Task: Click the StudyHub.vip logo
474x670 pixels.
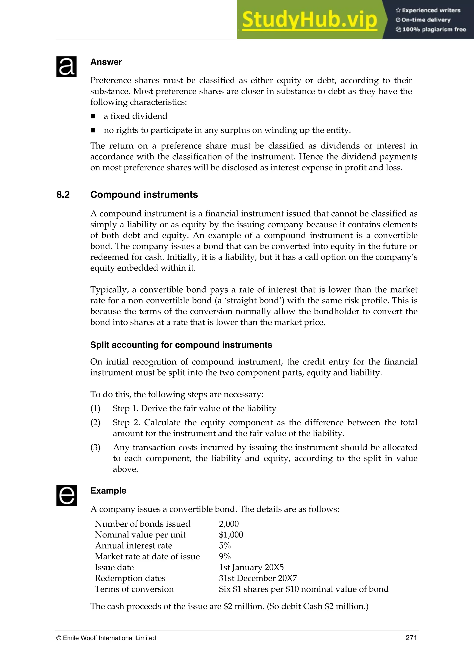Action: point(310,20)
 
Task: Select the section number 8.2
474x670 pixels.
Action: point(63,195)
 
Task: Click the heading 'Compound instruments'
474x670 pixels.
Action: point(144,195)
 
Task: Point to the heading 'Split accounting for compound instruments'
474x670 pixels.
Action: point(181,345)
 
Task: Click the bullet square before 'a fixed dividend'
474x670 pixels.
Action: point(93,116)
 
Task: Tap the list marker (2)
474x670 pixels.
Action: point(95,423)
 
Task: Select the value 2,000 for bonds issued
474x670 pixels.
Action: point(229,524)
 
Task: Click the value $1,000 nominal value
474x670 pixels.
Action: point(231,535)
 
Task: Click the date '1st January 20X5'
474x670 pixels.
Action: point(251,567)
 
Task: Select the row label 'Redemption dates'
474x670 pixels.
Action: point(130,578)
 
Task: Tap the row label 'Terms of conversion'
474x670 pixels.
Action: point(134,589)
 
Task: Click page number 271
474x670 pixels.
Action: point(411,638)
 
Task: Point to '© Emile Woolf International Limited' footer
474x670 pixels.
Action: point(106,638)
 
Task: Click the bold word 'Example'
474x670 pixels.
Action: point(108,491)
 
